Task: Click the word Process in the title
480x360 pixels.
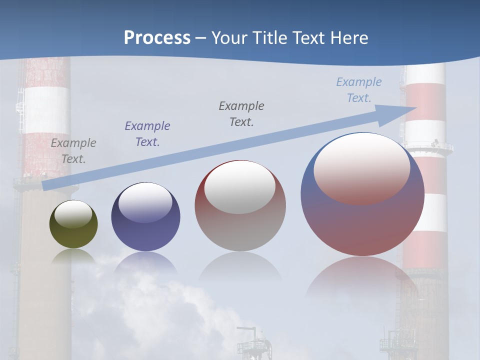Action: click(157, 38)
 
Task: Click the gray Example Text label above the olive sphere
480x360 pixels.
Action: click(73, 151)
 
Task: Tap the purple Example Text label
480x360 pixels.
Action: click(147, 133)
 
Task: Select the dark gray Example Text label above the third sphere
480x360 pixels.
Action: click(241, 113)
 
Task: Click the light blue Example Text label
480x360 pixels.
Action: click(359, 89)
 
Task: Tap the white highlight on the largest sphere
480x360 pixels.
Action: click(362, 168)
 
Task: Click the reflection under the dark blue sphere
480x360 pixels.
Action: click(145, 262)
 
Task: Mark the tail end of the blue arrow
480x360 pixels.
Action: click(46, 185)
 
